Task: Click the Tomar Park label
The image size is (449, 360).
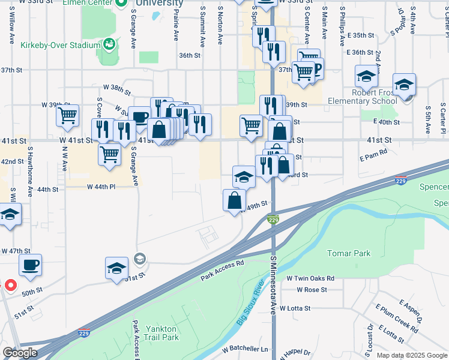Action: [x=349, y=253]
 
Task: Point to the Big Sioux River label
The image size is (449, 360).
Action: [x=251, y=302]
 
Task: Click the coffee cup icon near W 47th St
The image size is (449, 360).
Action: [x=30, y=265]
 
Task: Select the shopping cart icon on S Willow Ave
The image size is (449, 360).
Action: [x=67, y=115]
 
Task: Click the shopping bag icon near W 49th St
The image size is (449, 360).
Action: [x=234, y=200]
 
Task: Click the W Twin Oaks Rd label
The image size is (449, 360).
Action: [x=310, y=278]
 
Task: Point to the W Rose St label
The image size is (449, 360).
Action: [x=312, y=289]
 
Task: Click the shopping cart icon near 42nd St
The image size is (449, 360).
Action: [x=110, y=154]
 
